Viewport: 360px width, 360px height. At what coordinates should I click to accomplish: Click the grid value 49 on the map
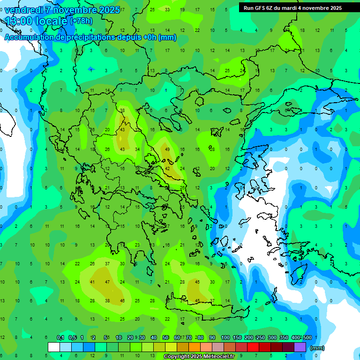pos(167,150)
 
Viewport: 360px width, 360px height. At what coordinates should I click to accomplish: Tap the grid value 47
pos(107,282)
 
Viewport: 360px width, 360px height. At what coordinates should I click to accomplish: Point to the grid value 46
pos(122,300)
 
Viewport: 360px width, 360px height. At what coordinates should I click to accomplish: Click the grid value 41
pos(92,282)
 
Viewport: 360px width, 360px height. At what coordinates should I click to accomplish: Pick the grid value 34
pos(137,150)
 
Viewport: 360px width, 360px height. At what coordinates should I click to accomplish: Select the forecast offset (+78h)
pos(81,21)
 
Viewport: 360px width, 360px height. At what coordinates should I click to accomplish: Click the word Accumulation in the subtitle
pos(30,37)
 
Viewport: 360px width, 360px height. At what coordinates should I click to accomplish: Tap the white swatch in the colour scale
pos(54,347)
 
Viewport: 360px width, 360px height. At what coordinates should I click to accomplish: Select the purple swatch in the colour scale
pos(300,347)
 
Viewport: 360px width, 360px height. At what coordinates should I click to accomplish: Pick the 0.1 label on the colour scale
pos(60,338)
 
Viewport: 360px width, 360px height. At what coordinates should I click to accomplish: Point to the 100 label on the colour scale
pos(225,338)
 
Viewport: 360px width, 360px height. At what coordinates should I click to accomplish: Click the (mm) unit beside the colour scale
pos(317,348)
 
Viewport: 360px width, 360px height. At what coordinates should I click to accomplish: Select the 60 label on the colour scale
pos(177,338)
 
